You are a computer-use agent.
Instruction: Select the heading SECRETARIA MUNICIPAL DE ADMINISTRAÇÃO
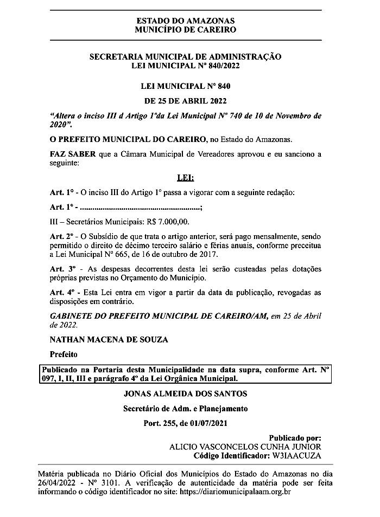[x=185, y=56]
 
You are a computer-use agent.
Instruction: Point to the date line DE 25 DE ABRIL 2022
[x=185, y=101]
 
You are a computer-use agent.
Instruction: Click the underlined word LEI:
[x=185, y=178]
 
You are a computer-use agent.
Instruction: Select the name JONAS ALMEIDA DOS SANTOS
[x=185, y=393]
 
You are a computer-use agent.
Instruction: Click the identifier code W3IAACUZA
[x=297, y=456]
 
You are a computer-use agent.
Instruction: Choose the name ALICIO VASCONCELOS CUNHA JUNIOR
[x=245, y=447]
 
